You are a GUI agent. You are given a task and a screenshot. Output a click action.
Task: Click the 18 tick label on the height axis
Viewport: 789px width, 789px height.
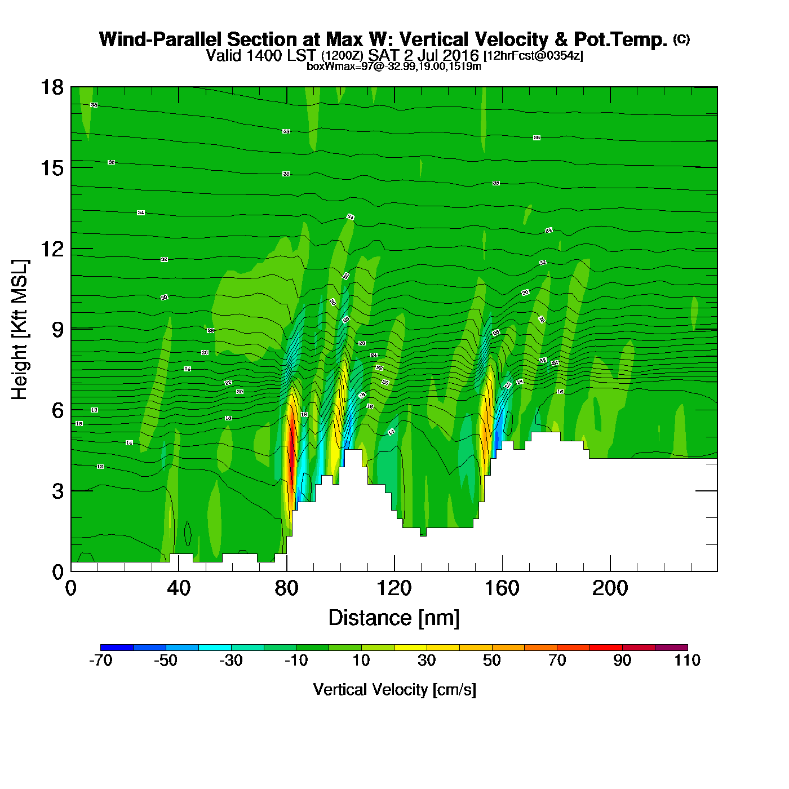pyautogui.click(x=51, y=87)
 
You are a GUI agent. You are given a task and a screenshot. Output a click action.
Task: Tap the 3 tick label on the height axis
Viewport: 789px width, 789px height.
pyautogui.click(x=58, y=491)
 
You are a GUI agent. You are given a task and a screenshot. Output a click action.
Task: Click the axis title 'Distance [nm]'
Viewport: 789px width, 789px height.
pyautogui.click(x=394, y=618)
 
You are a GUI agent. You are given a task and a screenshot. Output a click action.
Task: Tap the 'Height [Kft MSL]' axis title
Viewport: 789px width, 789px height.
pyautogui.click(x=20, y=330)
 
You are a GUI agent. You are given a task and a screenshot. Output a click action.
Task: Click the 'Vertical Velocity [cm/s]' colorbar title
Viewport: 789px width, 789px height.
pyautogui.click(x=394, y=689)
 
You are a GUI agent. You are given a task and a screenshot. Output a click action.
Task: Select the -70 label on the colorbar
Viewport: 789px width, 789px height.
pyautogui.click(x=101, y=661)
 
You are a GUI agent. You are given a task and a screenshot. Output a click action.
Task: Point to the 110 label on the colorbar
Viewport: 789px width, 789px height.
pyautogui.click(x=687, y=661)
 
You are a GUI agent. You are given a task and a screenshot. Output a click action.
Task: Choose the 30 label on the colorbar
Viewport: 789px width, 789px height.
pyautogui.click(x=427, y=661)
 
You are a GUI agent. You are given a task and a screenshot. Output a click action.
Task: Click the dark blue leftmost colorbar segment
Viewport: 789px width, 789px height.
pyautogui.click(x=117, y=647)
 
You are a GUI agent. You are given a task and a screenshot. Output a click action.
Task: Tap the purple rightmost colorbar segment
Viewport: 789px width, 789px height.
pyautogui.click(x=671, y=647)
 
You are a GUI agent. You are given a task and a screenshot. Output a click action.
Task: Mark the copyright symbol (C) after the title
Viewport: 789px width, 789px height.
pyautogui.click(x=681, y=39)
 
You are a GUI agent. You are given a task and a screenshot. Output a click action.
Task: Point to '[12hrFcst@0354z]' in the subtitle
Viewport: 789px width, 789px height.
pyautogui.click(x=533, y=56)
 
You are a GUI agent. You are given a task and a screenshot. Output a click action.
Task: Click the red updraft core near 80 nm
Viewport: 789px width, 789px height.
pyautogui.click(x=291, y=445)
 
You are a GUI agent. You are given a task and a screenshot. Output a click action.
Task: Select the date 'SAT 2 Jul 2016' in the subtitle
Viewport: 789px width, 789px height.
pyautogui.click(x=423, y=55)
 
